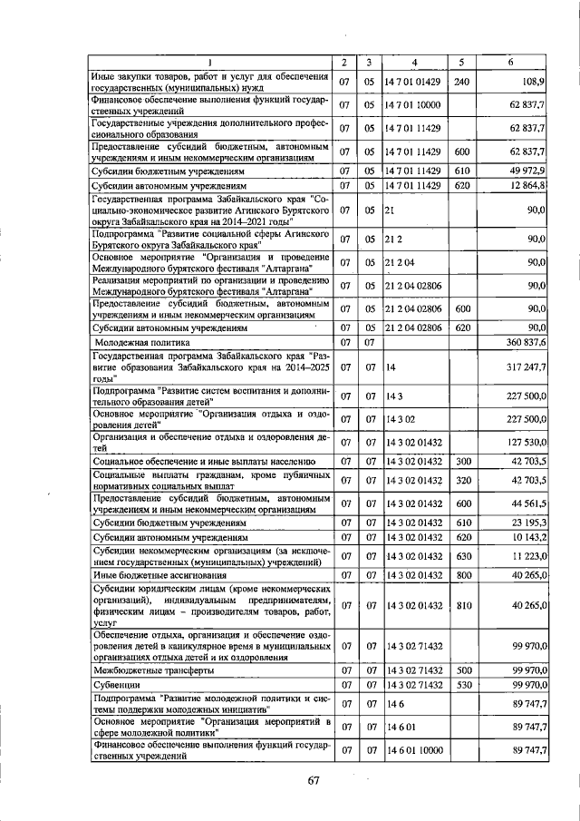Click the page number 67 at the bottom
coord(314,781)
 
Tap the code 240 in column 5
coord(461,82)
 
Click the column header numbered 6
coord(510,61)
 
